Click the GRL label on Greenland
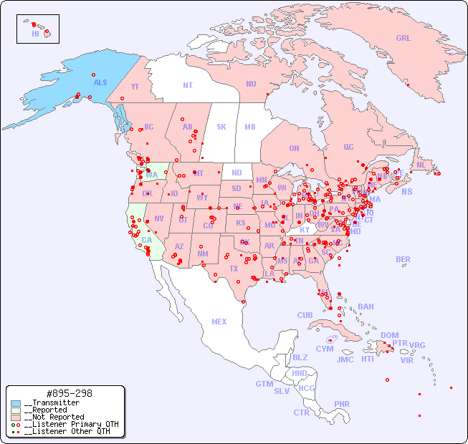403,39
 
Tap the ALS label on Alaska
100,82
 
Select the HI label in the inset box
35,34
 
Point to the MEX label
219,322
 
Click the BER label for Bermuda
403,259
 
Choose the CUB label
305,315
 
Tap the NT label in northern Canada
188,85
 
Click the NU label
251,84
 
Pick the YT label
135,87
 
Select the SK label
221,127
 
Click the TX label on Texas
233,269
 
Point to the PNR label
342,404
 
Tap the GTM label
264,384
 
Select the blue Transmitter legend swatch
16,403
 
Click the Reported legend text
54,410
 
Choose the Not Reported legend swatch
16,418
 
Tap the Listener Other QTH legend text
67,431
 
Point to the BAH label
366,307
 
